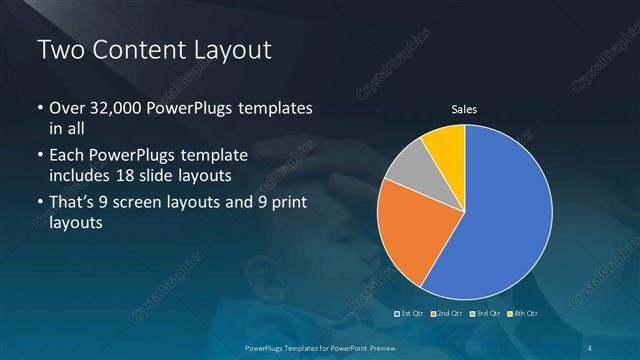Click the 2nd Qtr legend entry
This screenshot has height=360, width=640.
pyautogui.click(x=447, y=314)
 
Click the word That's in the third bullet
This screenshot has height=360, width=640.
pyautogui.click(x=75, y=204)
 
